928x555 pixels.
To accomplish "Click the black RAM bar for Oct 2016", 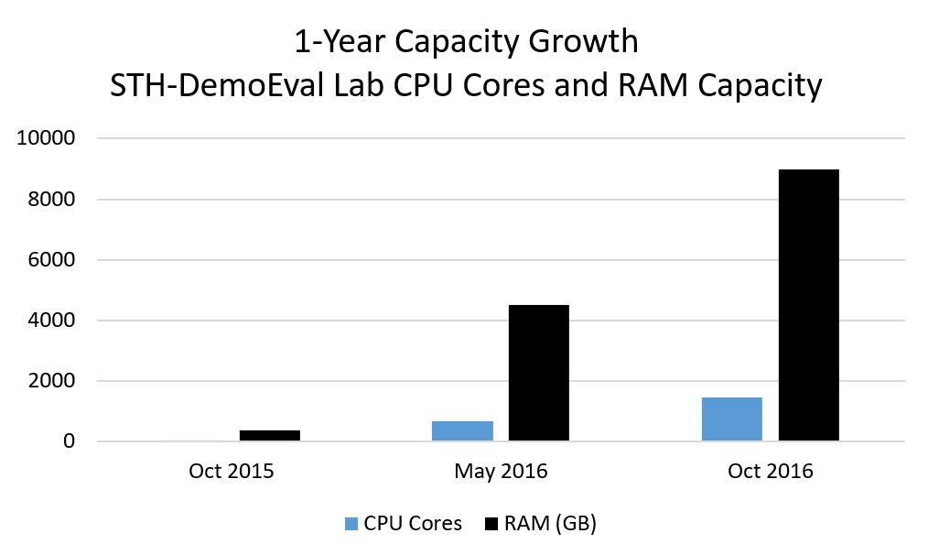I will coord(808,305).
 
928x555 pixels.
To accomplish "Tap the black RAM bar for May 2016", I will coord(538,373).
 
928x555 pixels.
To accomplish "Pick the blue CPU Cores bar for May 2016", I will coord(463,431).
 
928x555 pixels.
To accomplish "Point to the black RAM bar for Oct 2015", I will coord(270,436).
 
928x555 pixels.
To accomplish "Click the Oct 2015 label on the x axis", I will coord(232,472).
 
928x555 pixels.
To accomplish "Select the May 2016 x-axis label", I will coord(501,472).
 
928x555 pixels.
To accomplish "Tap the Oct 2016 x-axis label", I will coord(771,472).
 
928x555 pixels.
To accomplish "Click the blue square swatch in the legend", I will coord(351,524).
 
